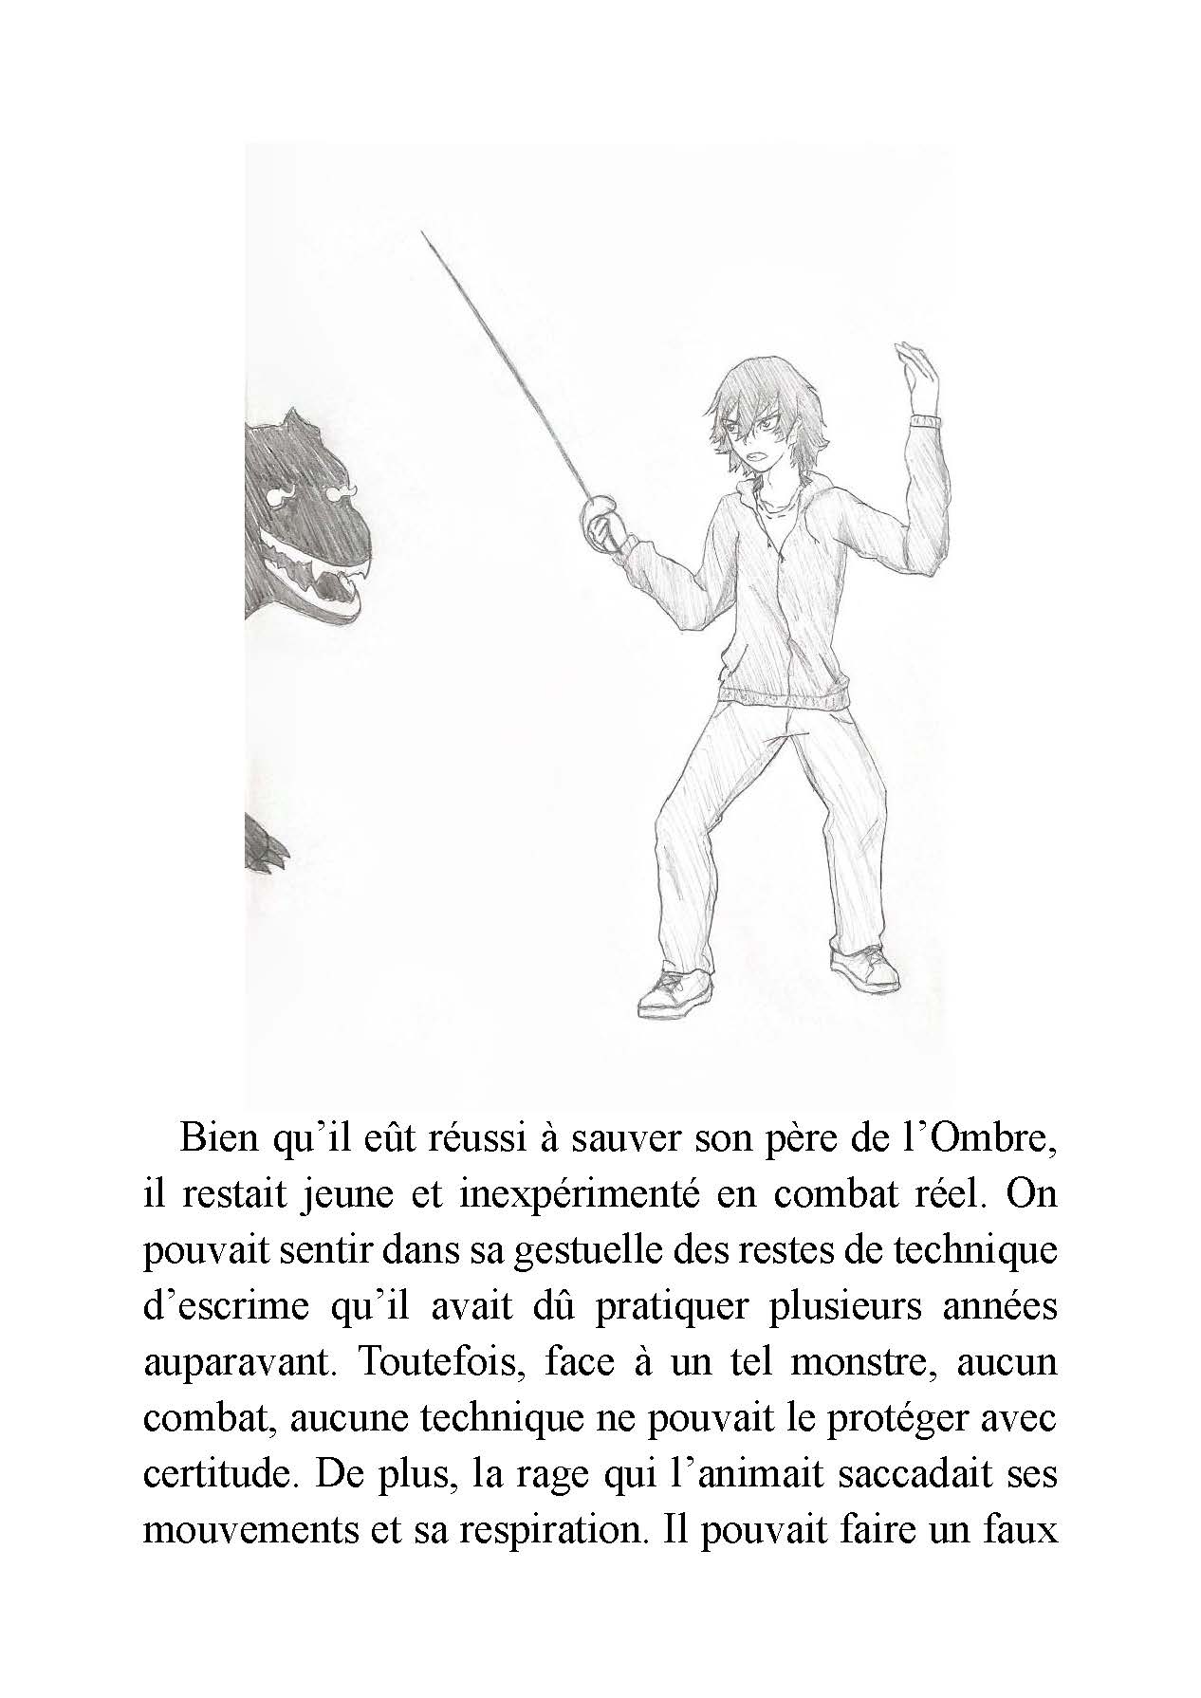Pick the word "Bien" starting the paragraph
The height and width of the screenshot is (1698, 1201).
[x=219, y=1137]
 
